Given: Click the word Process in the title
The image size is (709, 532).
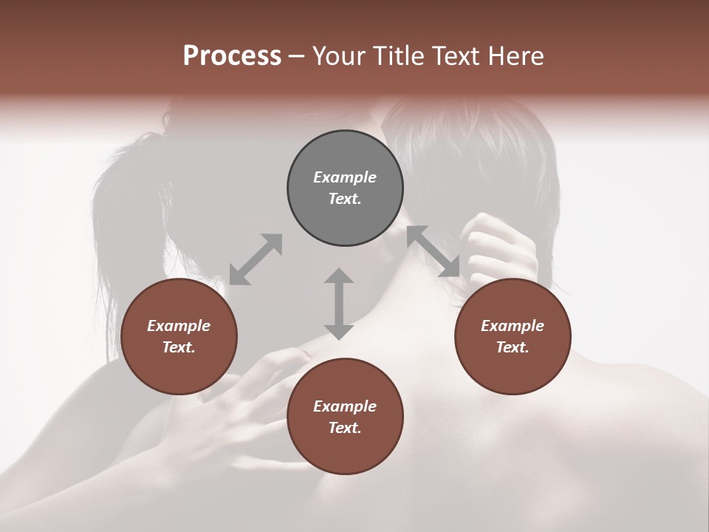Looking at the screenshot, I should coord(232,56).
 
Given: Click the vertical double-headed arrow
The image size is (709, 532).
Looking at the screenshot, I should coord(339,303).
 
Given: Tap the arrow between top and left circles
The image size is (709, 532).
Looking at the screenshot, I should coord(256,259).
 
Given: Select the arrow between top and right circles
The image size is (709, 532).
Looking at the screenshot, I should coord(434,251).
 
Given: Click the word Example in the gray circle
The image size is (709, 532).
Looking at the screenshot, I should coord(345,177).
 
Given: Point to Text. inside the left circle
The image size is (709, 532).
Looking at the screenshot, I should coord(179,347).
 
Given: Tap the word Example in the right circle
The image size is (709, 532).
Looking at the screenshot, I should coord(513,326).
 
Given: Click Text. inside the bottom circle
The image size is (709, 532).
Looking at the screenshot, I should coord(345,428).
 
